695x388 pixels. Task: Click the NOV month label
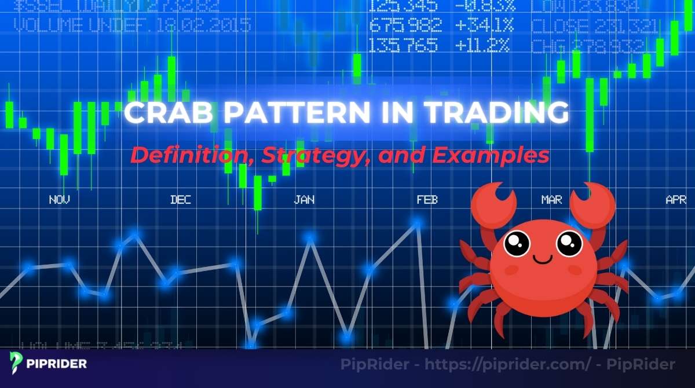pyautogui.click(x=60, y=200)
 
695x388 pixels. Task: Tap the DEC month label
pyautogui.click(x=180, y=200)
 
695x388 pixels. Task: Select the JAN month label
pyautogui.click(x=304, y=200)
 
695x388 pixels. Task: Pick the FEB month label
pyautogui.click(x=427, y=200)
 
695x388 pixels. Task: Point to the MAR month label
pyautogui.click(x=551, y=200)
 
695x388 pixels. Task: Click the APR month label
pyautogui.click(x=676, y=200)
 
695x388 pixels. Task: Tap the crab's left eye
pyautogui.click(x=517, y=243)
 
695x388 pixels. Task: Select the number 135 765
pyautogui.click(x=405, y=45)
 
